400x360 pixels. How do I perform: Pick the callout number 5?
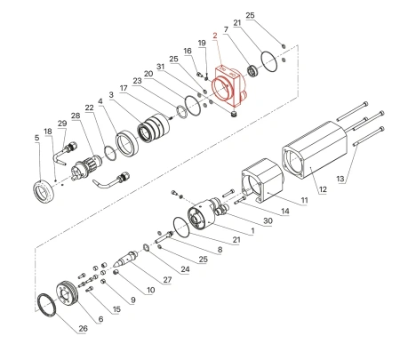[36, 138]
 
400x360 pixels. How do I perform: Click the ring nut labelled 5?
[41, 189]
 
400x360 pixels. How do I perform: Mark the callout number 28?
[75, 116]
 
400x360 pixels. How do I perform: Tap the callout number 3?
[110, 93]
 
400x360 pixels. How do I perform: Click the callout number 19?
[202, 44]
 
